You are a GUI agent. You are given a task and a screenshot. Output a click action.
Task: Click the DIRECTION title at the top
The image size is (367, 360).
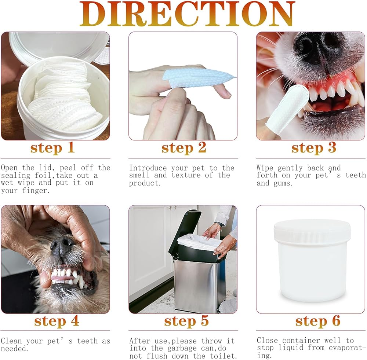(187, 14)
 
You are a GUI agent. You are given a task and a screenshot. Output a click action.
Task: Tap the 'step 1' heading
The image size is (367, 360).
(52, 148)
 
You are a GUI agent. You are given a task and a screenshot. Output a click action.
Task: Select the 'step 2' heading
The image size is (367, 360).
(184, 148)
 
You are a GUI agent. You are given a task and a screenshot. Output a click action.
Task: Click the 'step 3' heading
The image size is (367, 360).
(314, 148)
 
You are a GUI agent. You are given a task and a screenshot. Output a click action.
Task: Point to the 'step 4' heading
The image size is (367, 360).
(57, 321)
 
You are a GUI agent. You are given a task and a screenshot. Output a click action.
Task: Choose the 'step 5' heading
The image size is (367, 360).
(186, 321)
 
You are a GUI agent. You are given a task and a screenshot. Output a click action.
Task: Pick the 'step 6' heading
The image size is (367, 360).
(317, 321)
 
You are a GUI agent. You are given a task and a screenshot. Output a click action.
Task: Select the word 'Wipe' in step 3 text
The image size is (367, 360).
(265, 168)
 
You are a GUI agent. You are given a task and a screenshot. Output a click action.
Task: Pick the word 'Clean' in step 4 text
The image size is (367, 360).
(11, 341)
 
